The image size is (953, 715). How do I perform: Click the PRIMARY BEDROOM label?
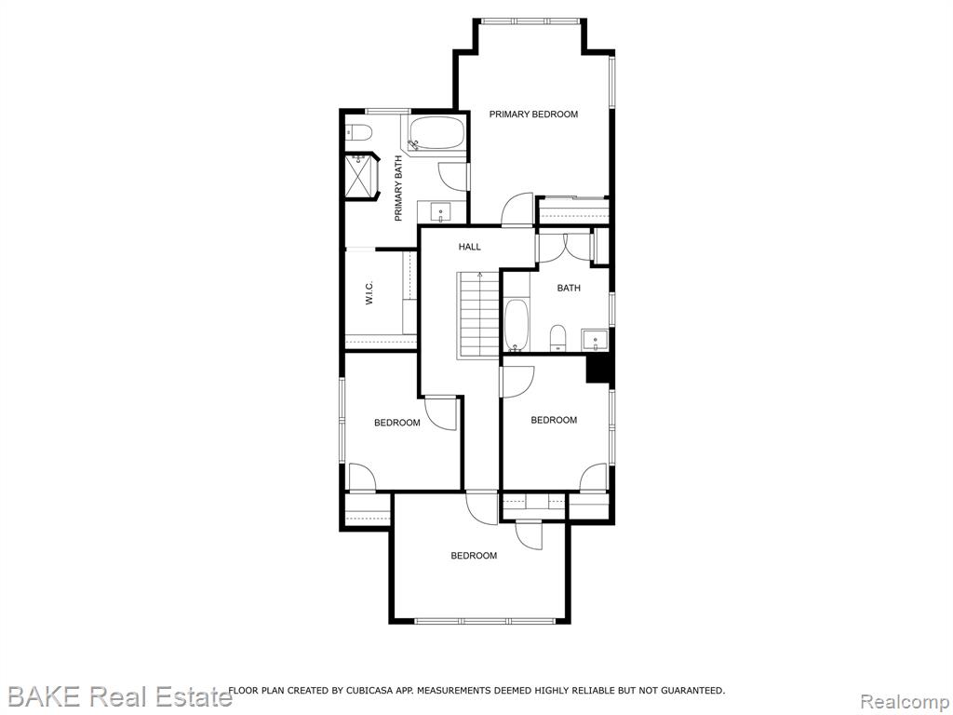point(533,114)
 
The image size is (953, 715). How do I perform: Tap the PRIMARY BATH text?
point(398,188)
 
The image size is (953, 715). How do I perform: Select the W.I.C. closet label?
point(369,293)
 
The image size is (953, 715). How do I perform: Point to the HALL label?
point(469,247)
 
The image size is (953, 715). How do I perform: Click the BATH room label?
point(569,289)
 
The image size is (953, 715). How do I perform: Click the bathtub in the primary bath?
point(436,134)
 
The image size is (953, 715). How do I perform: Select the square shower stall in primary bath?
point(360,176)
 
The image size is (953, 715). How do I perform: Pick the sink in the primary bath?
point(440,212)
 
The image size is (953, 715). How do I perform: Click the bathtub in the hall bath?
point(517,325)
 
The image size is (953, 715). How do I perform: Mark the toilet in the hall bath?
point(557,337)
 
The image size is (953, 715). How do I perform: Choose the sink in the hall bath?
point(595,340)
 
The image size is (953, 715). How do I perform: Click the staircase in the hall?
point(478,316)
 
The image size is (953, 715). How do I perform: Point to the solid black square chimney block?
point(598,369)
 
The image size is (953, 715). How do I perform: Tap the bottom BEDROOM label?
point(474,556)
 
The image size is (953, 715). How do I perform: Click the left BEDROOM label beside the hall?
point(396,424)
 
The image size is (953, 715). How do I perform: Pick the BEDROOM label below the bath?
point(554,420)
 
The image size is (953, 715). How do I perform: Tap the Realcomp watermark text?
point(905,700)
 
